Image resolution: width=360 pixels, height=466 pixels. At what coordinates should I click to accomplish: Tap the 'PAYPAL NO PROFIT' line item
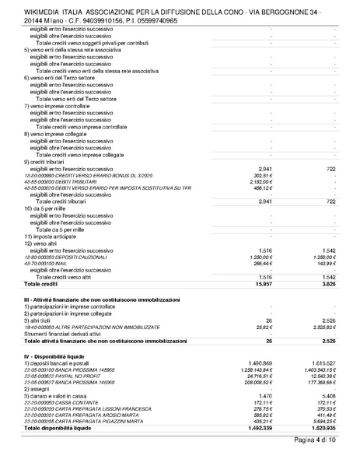point(75,377)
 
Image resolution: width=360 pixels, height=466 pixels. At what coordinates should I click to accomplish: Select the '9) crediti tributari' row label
point(47,160)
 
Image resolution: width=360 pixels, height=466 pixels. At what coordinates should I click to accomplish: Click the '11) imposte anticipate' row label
point(52,236)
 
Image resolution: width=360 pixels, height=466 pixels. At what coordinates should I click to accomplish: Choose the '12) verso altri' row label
point(43,243)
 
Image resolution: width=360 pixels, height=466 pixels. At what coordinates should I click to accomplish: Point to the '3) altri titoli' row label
point(40,319)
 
